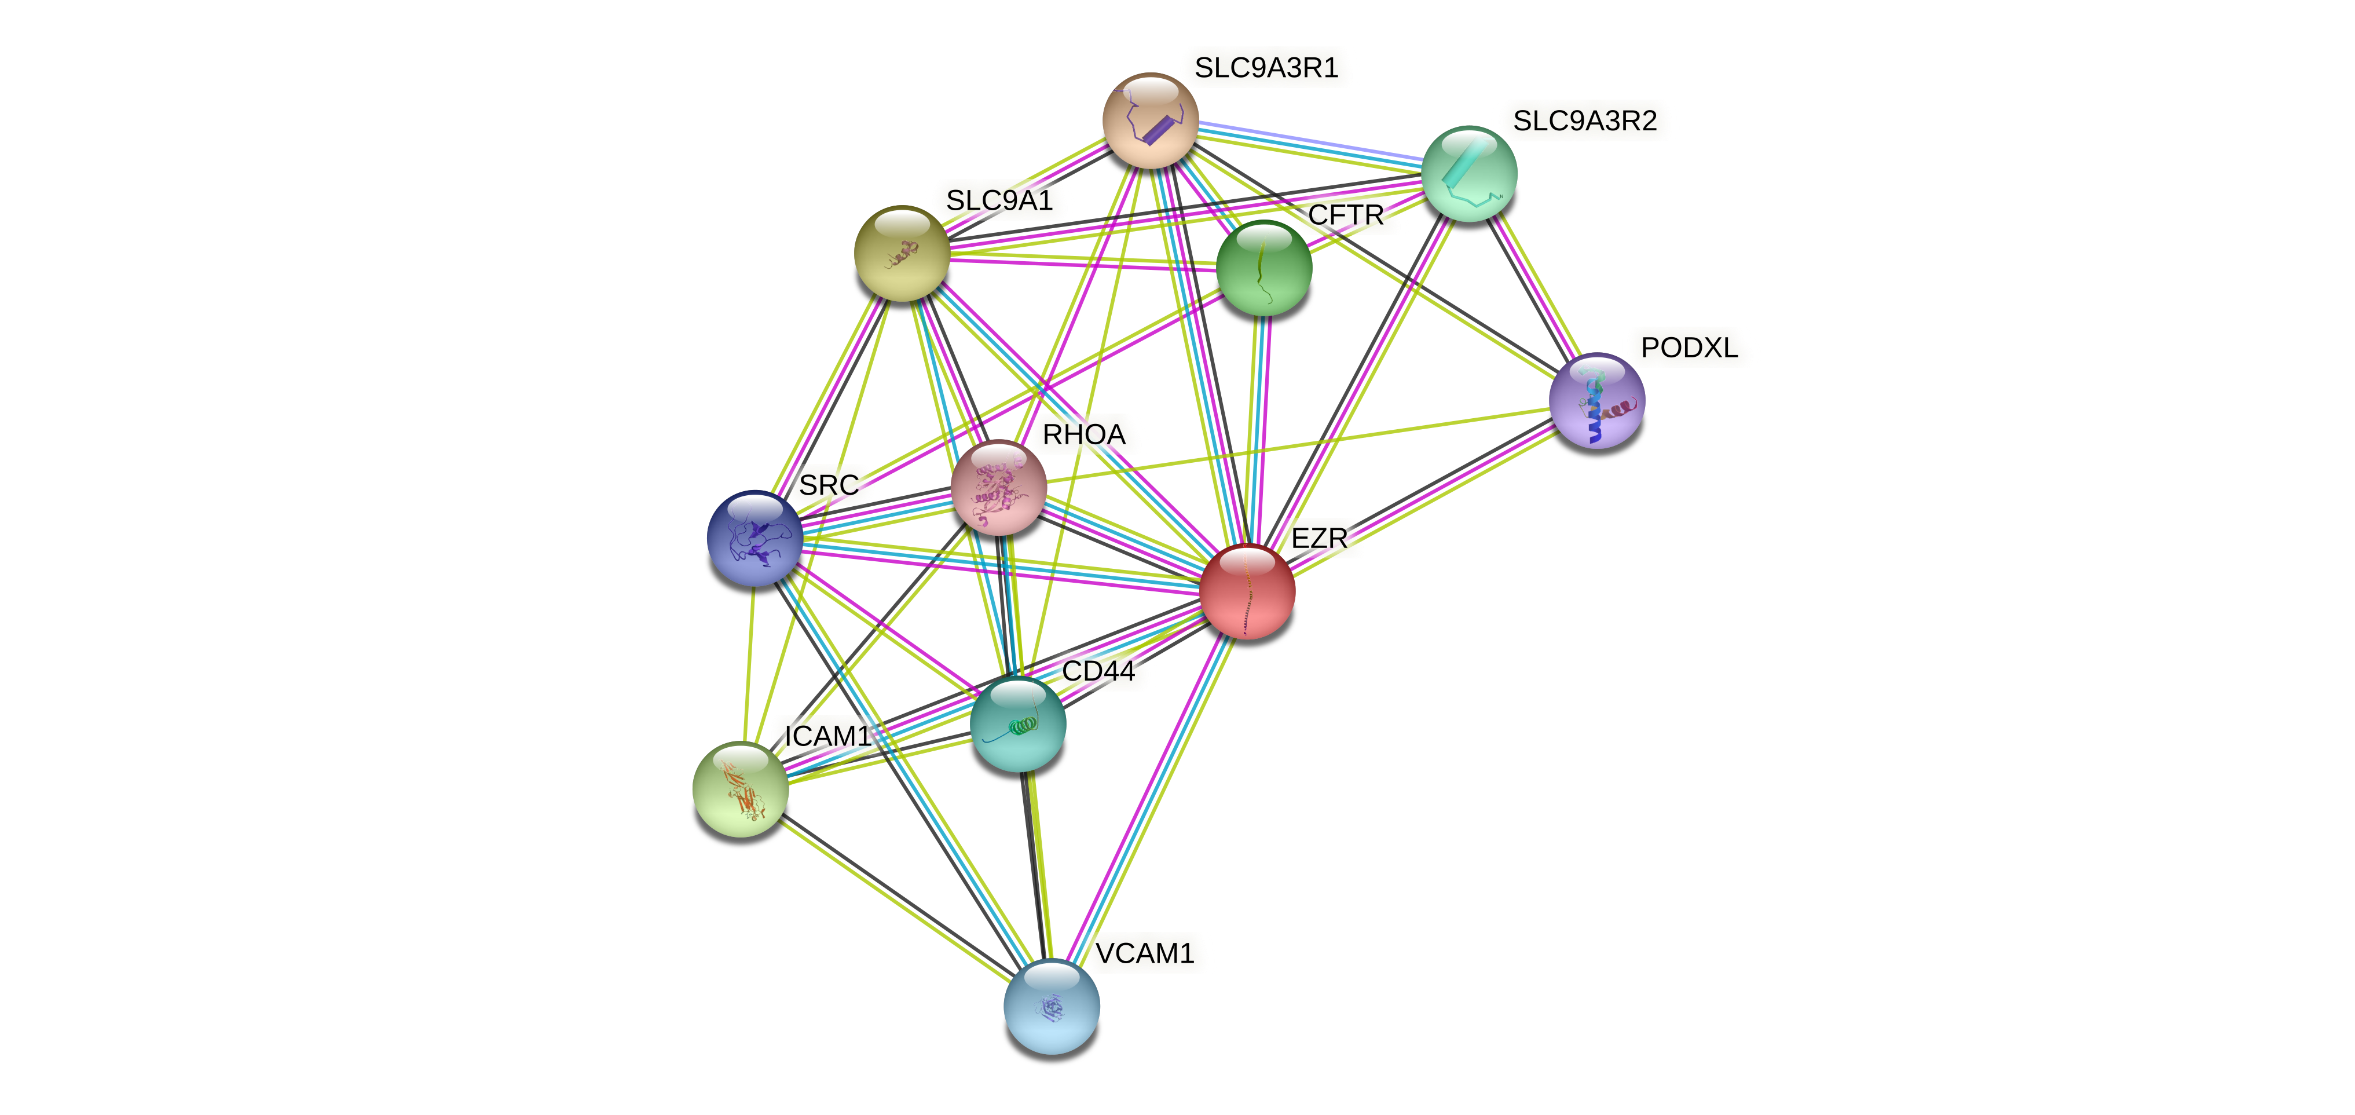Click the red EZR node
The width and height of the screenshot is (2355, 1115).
click(x=1247, y=591)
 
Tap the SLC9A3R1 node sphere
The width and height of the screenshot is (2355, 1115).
click(x=1150, y=120)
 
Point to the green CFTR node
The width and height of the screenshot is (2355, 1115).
click(x=1263, y=268)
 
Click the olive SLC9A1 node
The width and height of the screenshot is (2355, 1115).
click(x=902, y=253)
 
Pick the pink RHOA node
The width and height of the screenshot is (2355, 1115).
click(x=998, y=487)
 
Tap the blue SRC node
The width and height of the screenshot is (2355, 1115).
click(x=755, y=538)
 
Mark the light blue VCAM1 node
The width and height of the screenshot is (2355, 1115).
click(x=1052, y=1006)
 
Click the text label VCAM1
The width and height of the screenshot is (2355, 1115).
click(x=1145, y=953)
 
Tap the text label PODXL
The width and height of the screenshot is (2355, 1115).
click(x=1689, y=348)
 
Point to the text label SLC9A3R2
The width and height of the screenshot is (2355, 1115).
click(x=1584, y=120)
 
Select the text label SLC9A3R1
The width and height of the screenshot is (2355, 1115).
click(x=1266, y=68)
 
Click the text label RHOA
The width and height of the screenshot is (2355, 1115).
click(x=1083, y=434)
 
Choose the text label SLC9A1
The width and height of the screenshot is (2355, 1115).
click(x=999, y=200)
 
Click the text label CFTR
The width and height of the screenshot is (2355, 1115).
click(x=1346, y=215)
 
